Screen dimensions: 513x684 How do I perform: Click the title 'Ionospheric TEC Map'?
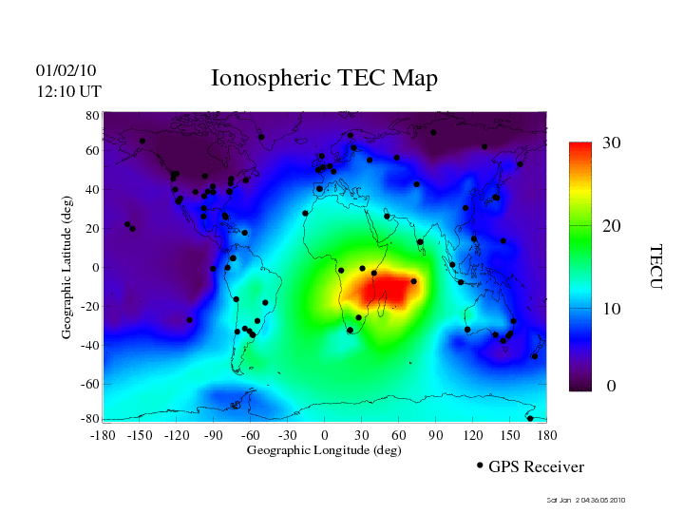(x=324, y=79)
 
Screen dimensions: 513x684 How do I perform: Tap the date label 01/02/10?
(x=66, y=70)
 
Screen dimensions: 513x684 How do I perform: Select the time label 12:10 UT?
(x=68, y=91)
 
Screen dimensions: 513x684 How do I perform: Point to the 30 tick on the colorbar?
(x=612, y=143)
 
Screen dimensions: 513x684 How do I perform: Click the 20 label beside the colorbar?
(x=612, y=227)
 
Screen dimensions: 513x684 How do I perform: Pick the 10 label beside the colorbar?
(x=612, y=310)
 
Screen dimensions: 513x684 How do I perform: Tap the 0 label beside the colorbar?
(x=612, y=387)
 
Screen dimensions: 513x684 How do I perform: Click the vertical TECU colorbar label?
(x=655, y=266)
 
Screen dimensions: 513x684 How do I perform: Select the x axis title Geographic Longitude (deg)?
(x=324, y=450)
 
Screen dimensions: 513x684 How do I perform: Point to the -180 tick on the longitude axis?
(x=102, y=434)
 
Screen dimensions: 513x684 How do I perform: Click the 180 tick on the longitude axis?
(x=547, y=434)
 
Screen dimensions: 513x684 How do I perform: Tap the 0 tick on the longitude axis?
(x=325, y=434)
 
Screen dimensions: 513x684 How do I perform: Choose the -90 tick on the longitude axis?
(x=214, y=434)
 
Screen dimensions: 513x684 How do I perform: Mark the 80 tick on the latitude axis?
(x=93, y=115)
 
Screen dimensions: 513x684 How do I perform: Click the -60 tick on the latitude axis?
(x=90, y=384)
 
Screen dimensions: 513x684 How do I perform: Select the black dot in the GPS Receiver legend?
(x=480, y=465)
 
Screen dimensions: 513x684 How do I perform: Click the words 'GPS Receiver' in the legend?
(x=537, y=467)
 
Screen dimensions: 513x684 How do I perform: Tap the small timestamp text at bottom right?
(x=586, y=500)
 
